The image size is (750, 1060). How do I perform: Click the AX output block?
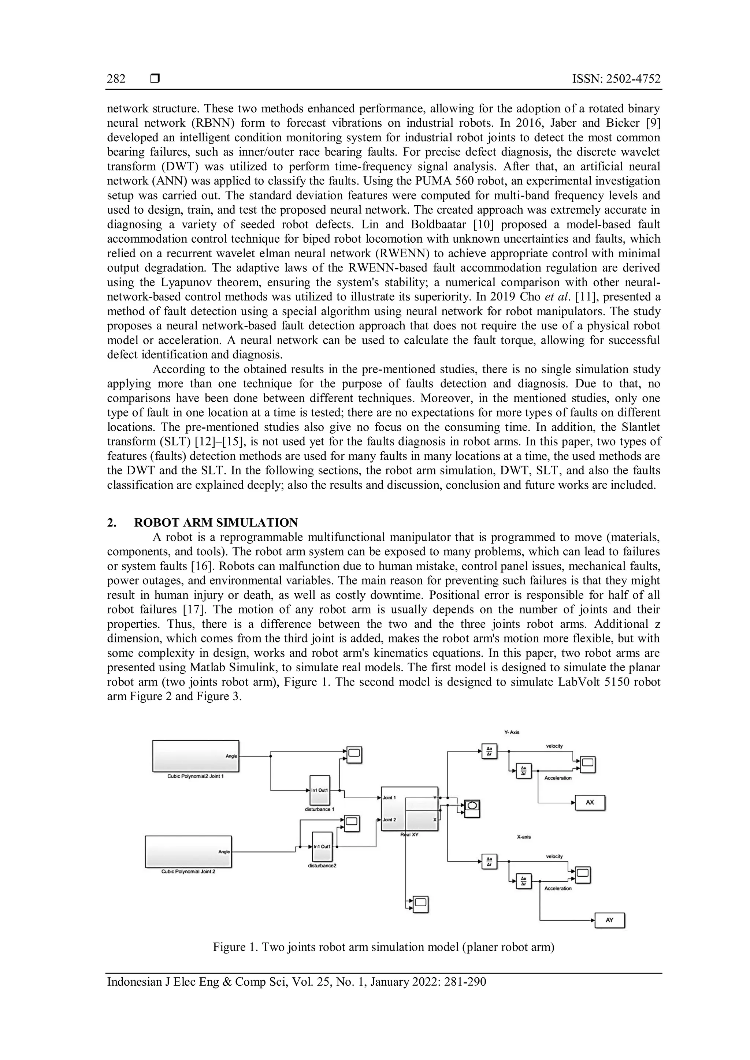pos(590,802)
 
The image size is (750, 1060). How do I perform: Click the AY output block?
pos(609,920)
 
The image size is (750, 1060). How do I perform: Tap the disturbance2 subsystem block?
pos(322,847)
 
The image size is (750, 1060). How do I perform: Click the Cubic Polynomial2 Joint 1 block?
pos(196,756)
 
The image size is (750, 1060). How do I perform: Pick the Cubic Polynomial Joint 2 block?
pos(189,851)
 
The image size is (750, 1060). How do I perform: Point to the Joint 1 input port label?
pos(389,797)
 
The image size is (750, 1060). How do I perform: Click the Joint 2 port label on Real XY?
pos(389,820)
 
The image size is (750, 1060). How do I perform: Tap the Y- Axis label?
pos(512,732)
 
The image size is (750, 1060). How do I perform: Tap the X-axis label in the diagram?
pos(524,837)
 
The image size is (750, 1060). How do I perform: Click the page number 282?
pos(116,79)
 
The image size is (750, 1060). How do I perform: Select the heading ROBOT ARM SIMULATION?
pos(216,523)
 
